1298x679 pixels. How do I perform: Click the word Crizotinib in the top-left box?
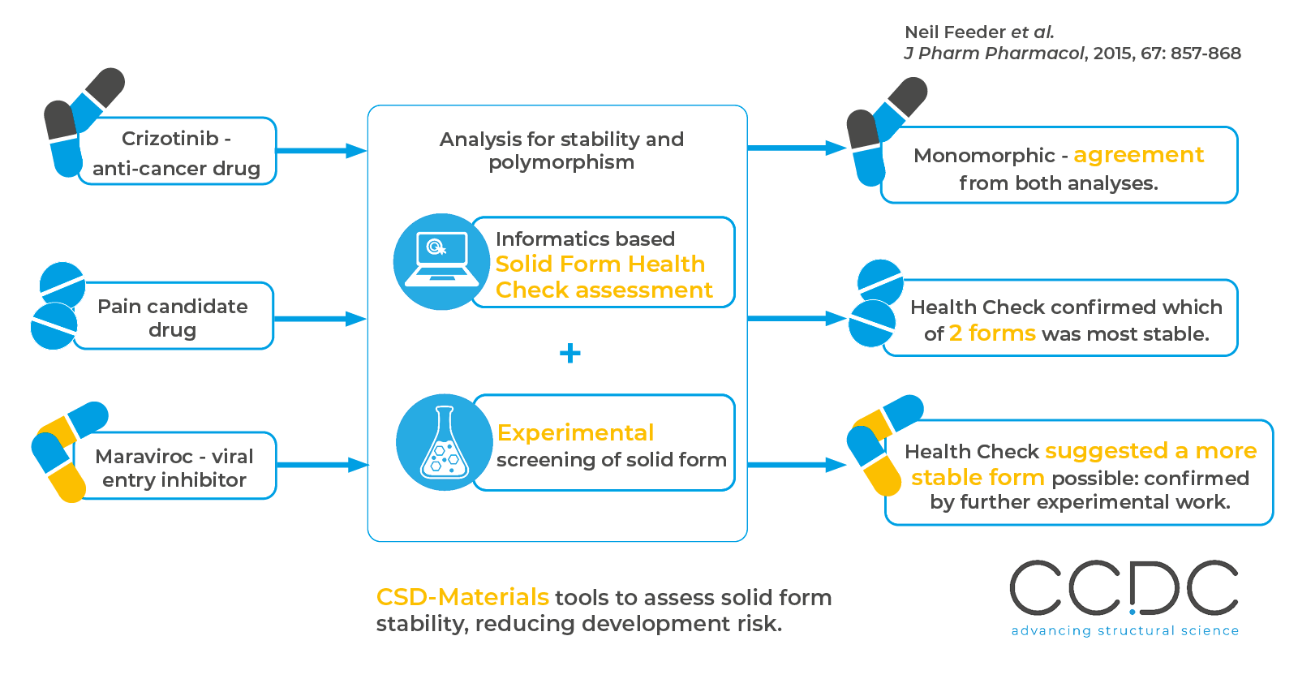[x=170, y=139]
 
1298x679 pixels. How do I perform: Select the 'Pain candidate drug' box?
[x=173, y=317]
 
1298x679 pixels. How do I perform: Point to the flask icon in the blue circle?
[x=444, y=443]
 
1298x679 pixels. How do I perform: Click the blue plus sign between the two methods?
[x=570, y=353]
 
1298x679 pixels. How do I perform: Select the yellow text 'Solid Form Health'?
[x=600, y=264]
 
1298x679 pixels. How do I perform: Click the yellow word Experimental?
[x=575, y=433]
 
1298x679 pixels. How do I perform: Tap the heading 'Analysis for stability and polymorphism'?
[x=561, y=151]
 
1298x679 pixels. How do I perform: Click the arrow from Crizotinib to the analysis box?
[x=321, y=150]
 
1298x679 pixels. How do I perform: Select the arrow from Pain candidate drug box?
[x=320, y=319]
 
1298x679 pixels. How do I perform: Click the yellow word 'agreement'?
[x=1138, y=155]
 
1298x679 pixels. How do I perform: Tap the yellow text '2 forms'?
[x=992, y=333]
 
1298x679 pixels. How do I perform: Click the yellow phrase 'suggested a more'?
[x=1150, y=451]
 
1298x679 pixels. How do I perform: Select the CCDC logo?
[x=1124, y=588]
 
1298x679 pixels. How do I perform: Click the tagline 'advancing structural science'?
[x=1124, y=630]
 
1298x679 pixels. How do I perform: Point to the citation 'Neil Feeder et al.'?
[x=979, y=32]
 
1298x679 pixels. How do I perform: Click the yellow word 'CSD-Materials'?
[x=462, y=597]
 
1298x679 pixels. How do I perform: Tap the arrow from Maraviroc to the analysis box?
[x=322, y=465]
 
